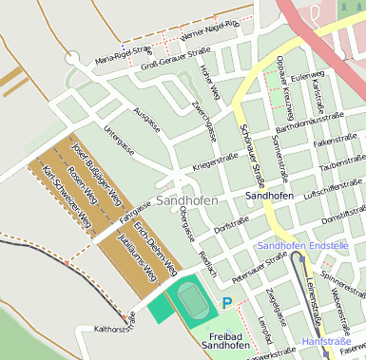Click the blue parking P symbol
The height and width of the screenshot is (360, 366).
226,303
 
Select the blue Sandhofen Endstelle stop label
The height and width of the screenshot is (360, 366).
302,245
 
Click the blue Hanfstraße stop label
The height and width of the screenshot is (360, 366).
325,339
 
